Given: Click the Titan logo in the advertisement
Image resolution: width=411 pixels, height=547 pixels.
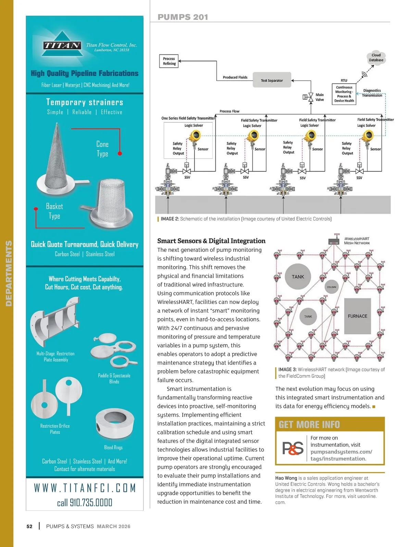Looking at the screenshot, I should [62, 45].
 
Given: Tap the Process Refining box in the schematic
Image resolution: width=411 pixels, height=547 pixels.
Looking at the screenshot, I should [169, 61].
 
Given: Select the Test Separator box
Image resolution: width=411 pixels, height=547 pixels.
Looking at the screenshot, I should [272, 80].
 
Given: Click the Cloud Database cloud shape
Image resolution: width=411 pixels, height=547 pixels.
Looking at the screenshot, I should [376, 58].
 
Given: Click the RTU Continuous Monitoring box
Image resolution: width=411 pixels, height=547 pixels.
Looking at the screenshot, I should [344, 94].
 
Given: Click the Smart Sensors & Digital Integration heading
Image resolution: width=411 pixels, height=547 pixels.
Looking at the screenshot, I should [211, 241].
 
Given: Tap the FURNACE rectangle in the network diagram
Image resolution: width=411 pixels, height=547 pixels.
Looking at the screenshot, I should [357, 316].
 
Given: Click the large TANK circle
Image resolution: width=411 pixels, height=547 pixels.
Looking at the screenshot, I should [298, 277].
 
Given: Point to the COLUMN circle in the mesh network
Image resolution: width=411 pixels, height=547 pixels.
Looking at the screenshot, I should [332, 287].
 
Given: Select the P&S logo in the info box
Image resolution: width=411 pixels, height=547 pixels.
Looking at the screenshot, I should [293, 448].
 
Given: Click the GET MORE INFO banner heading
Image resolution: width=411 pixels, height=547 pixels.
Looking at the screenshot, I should [309, 425].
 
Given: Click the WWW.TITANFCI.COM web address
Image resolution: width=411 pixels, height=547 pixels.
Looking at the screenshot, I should [85, 488].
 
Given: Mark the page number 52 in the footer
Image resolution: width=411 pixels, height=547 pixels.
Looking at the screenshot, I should [29, 526].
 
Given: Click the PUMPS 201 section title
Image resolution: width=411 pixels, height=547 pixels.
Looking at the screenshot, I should [183, 17].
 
